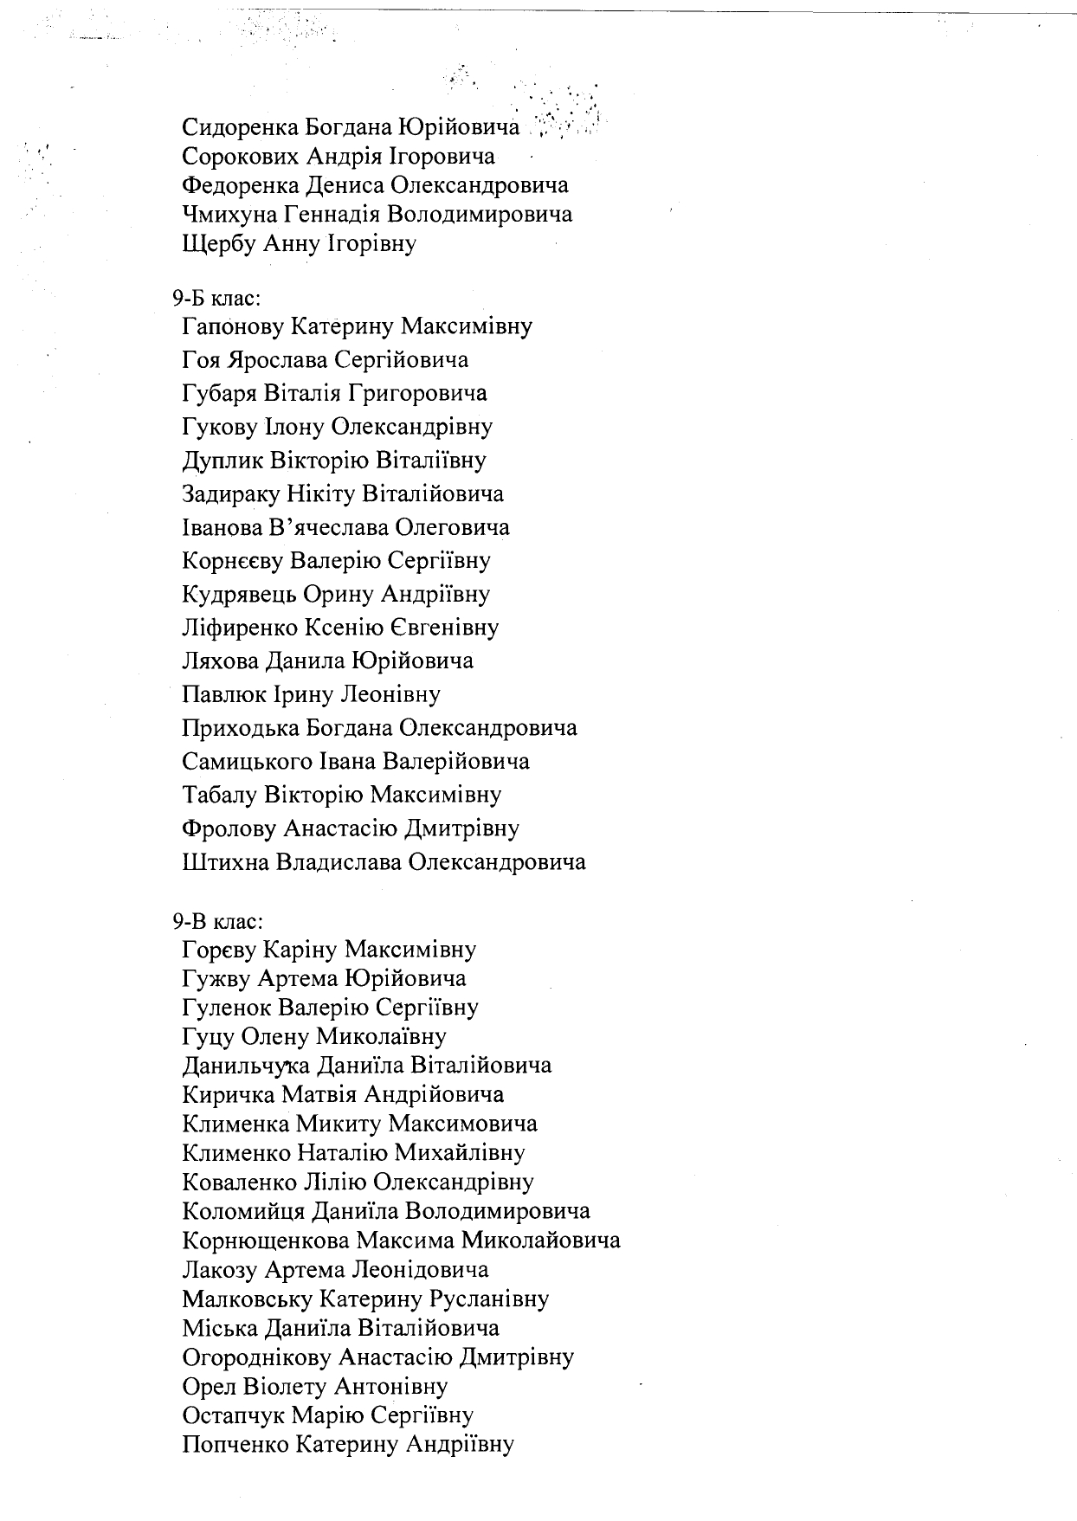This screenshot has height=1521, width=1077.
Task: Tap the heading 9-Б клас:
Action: [x=216, y=299]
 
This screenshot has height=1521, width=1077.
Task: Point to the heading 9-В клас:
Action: [x=216, y=922]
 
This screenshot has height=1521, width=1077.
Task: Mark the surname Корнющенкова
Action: [x=266, y=1241]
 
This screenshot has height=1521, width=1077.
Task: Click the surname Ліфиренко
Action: [x=241, y=628]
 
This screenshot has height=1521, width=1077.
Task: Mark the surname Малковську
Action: [x=248, y=1299]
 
